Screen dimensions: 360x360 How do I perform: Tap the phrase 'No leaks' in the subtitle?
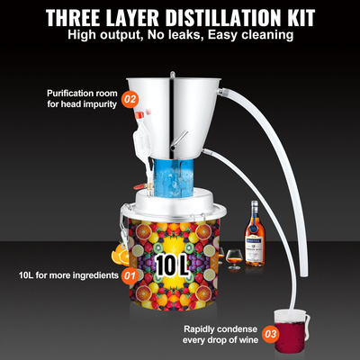(179, 38)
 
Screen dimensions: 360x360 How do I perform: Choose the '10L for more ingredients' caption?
(65, 274)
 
